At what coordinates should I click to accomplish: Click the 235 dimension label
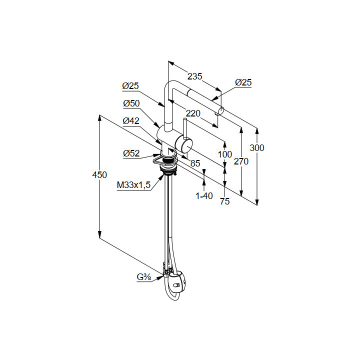194,76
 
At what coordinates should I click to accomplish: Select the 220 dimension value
193,113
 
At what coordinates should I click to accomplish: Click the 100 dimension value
225,154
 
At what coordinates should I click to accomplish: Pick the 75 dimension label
224,202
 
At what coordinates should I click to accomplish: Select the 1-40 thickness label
204,196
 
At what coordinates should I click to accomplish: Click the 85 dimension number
195,163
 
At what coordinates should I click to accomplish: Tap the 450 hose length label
100,175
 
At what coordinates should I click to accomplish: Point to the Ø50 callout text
131,103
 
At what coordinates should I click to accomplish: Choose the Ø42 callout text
131,120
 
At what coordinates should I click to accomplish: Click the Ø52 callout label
131,154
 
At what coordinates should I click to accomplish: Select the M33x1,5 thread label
133,185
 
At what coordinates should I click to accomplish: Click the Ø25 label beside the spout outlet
243,82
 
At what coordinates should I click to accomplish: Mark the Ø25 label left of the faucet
130,86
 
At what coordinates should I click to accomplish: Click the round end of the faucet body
185,146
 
